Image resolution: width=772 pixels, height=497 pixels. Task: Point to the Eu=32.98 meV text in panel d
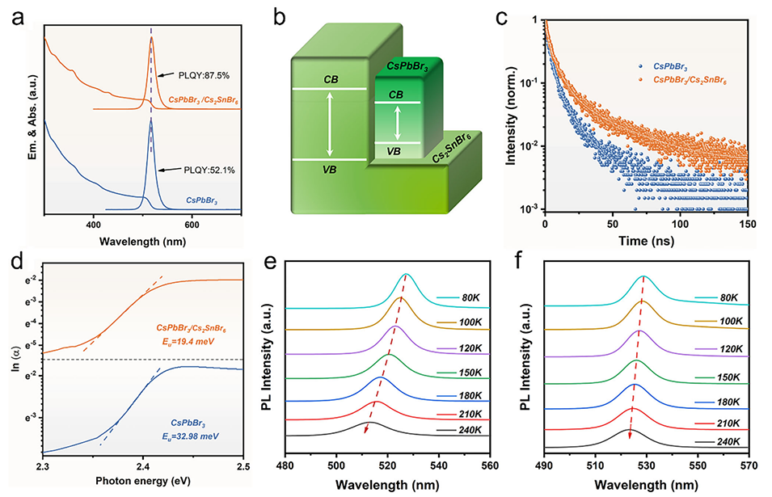pyautogui.click(x=195, y=436)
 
